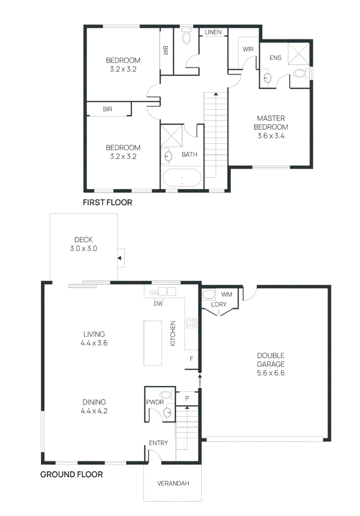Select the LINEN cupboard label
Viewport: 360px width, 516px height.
point(213,32)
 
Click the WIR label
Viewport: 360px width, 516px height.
point(248,49)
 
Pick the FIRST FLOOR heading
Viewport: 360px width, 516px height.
point(108,203)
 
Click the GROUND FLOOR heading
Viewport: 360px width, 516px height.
point(71,474)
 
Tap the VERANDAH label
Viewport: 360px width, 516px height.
point(173,484)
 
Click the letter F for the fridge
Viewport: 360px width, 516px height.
point(191,358)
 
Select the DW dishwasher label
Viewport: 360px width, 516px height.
point(157,303)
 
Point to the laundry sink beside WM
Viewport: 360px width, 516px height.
point(209,294)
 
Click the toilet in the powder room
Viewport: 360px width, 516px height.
point(165,395)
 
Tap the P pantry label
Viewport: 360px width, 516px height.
point(187,398)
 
